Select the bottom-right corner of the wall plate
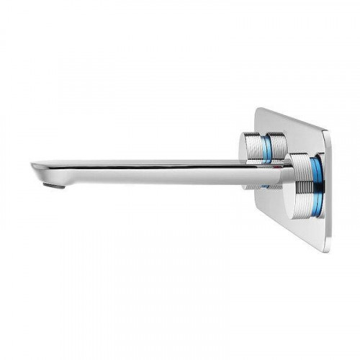click(x=323, y=249)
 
